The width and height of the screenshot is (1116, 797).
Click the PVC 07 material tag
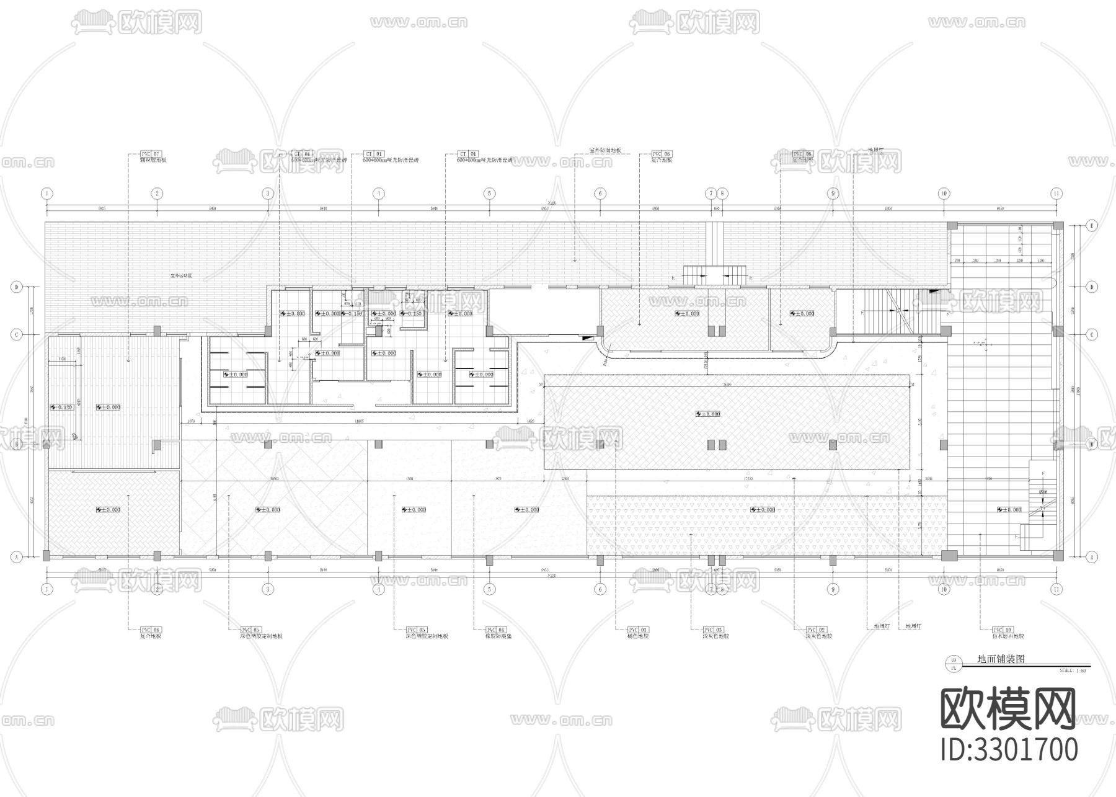pos(151,153)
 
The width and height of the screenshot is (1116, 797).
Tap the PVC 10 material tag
pos(1002,630)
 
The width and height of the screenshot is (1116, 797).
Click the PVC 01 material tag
pos(637,630)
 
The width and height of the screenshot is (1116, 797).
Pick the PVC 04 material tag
pos(495,630)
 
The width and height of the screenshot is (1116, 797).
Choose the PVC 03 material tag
pos(713,630)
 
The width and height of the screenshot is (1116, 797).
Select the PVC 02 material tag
pos(817,630)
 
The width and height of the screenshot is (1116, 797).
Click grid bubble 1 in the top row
pos(46,194)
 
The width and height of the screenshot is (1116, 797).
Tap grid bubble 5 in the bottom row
pos(489,589)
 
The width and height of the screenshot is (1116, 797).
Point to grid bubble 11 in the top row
pos(1056,194)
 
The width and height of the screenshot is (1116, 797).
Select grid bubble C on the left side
pos(17,334)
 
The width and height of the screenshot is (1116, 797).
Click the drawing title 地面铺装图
pos(1001,659)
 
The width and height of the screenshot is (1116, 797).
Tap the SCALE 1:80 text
pos(1073,670)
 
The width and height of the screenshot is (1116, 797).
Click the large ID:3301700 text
pos(1009,749)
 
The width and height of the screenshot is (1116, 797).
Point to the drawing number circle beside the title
pos(954,664)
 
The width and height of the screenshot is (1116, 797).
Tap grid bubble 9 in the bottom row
pos(833,589)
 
